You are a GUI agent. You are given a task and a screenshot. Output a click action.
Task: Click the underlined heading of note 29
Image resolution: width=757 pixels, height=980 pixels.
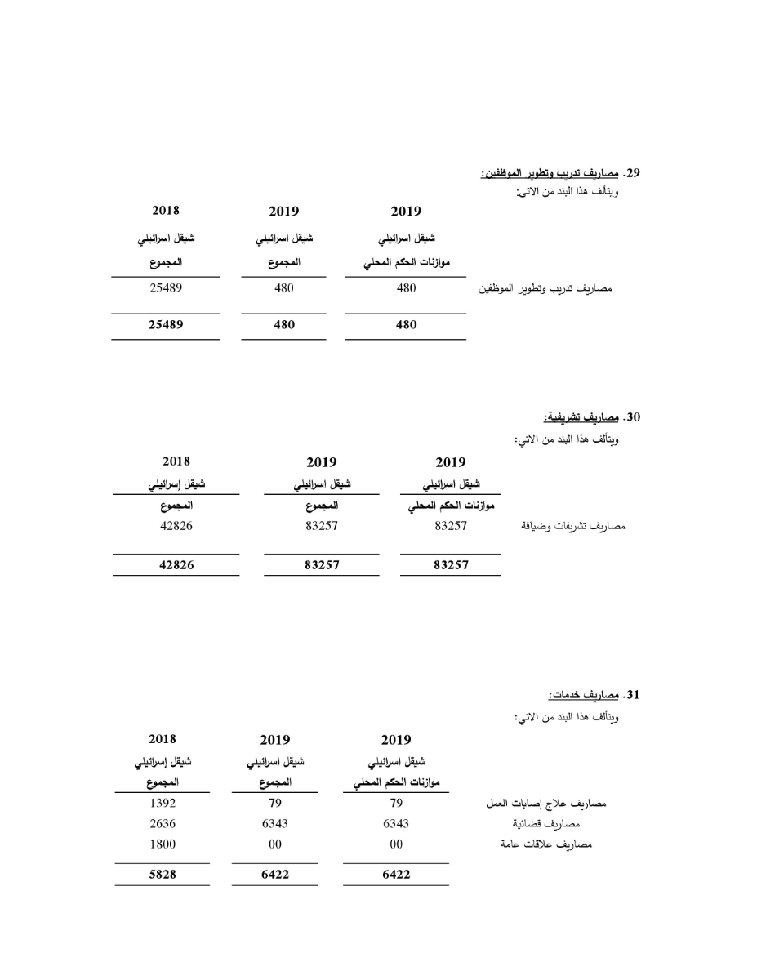click(x=549, y=173)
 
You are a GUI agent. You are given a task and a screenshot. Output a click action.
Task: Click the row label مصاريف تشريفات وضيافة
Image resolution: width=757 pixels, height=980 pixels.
click(x=572, y=527)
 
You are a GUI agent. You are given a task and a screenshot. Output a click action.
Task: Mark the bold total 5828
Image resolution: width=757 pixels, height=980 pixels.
click(x=163, y=875)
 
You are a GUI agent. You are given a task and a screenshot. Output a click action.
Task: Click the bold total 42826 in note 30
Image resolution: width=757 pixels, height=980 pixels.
click(x=176, y=565)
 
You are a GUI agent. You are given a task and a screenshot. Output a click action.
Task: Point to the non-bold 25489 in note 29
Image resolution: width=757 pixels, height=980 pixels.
click(x=166, y=288)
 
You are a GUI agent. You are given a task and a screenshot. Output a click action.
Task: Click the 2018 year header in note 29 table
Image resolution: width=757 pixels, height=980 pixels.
click(x=166, y=211)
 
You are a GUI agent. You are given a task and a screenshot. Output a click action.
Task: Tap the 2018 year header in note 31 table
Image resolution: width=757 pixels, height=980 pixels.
click(x=163, y=740)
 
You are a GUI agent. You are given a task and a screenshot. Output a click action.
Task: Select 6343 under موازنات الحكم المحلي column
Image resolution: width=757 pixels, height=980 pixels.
click(x=396, y=824)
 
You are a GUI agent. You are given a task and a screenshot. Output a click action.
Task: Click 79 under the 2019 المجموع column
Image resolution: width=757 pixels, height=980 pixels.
click(x=275, y=804)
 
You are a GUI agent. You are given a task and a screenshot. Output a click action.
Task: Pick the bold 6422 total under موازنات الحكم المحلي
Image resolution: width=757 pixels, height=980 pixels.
click(x=396, y=875)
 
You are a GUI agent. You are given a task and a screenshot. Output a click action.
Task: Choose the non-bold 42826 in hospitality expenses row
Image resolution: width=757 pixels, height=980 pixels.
click(x=176, y=527)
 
